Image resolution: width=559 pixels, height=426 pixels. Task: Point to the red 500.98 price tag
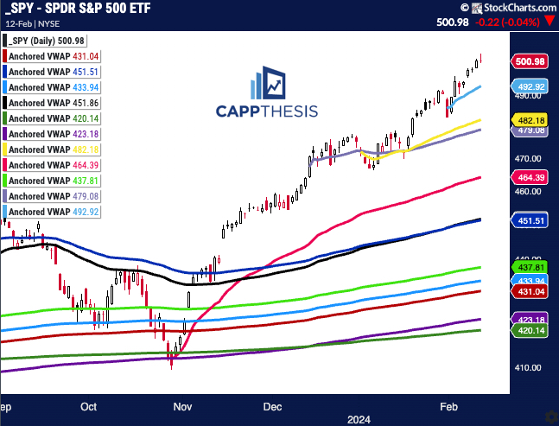(529, 61)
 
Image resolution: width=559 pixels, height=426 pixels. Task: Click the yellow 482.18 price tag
(529, 120)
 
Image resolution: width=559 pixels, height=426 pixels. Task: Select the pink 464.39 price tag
(529, 177)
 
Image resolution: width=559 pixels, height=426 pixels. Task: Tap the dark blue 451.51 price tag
(529, 220)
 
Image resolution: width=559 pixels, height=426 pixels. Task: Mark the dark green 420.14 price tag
(529, 330)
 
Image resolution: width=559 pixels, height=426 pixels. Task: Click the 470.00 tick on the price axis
(528, 159)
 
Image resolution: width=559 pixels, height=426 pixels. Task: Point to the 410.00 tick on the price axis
(528, 366)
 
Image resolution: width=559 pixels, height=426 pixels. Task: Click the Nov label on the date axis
(182, 404)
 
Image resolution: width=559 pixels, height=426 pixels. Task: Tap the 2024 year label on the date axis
(359, 418)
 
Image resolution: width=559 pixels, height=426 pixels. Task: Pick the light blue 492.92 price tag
(529, 87)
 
